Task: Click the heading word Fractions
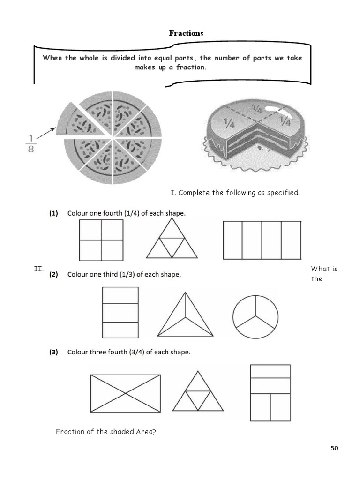coord(186,33)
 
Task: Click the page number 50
coord(334,448)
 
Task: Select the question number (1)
coord(54,213)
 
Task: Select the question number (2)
coord(54,275)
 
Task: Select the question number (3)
coord(54,352)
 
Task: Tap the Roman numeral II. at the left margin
coord(38,269)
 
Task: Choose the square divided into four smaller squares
coord(101,240)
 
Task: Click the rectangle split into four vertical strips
coord(261,240)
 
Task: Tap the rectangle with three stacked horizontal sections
coord(120,312)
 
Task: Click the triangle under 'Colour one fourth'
coord(172,243)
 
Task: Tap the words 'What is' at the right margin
coord(324,269)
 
